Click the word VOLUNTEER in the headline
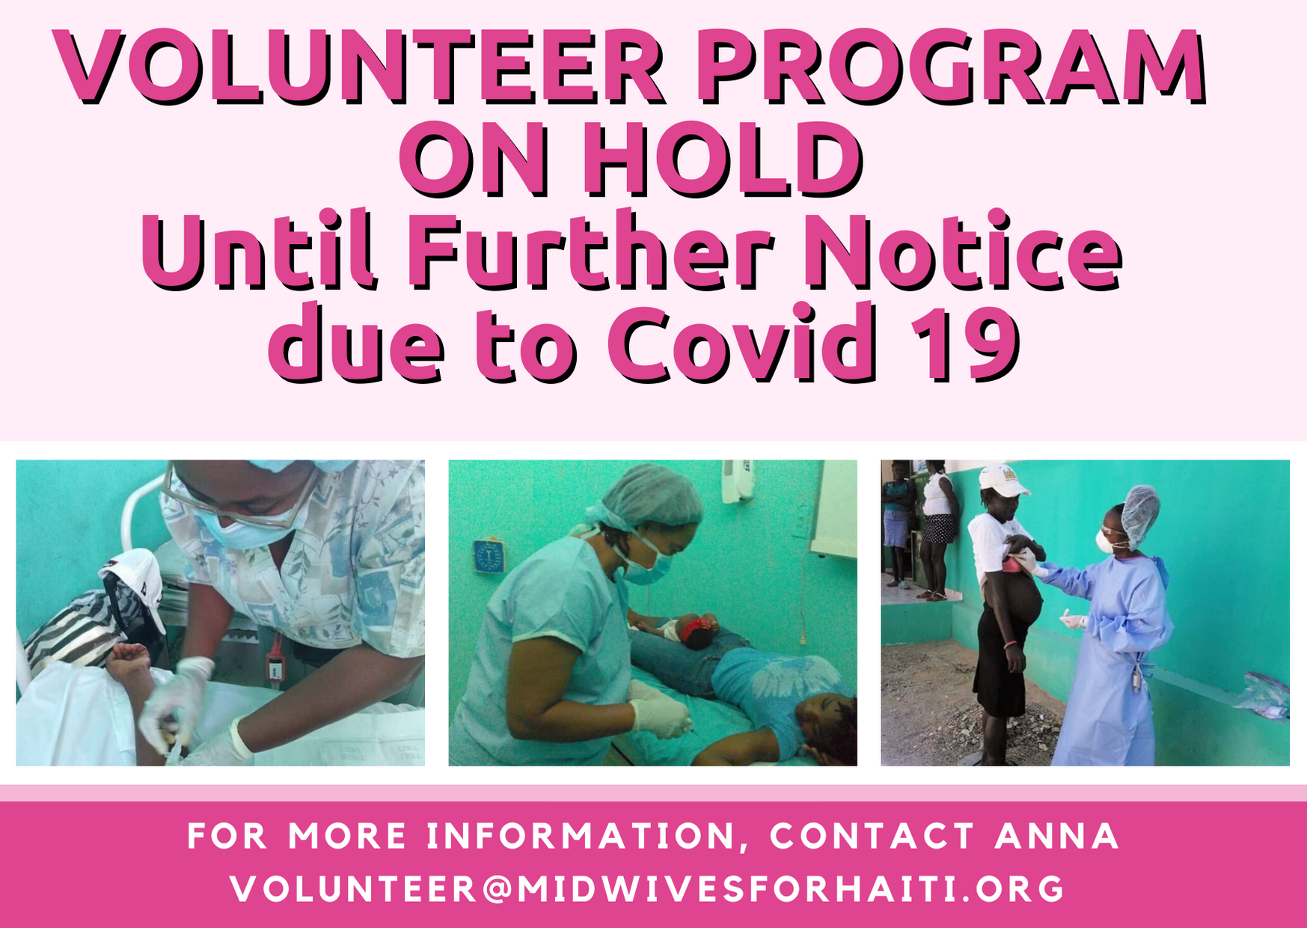pos(360,67)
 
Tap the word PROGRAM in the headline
pos(952,67)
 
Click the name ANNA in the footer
pos(1056,836)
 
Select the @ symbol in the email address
pos(498,889)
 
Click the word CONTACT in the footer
pos(872,836)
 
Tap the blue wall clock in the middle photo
pos(489,558)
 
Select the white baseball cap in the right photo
pos(1003,480)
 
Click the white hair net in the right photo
pos(1140,515)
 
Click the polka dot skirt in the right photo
pos(939,528)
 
